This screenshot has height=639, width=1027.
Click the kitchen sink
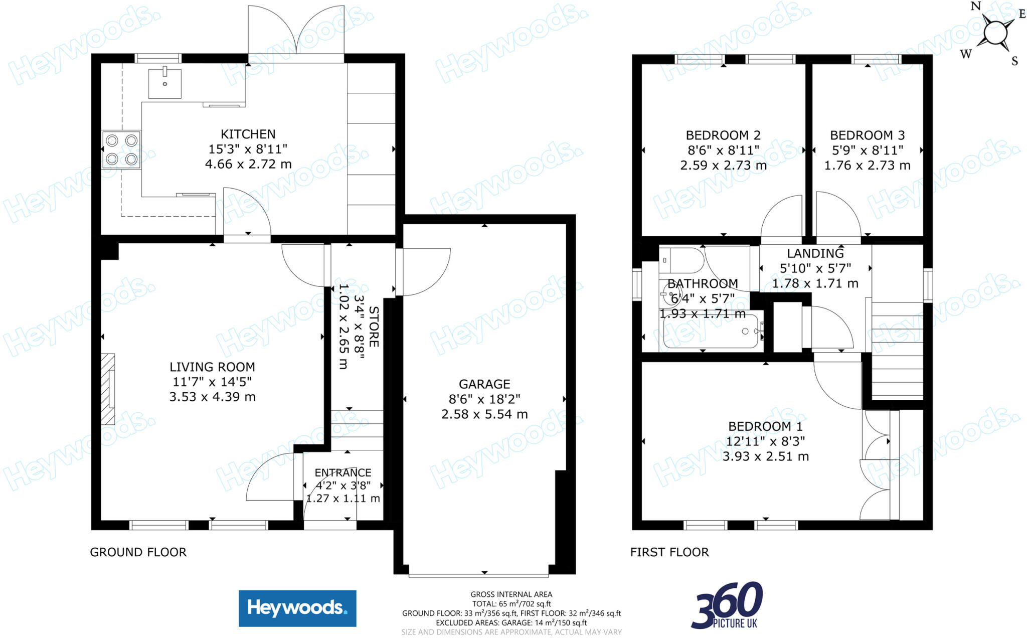(x=164, y=84)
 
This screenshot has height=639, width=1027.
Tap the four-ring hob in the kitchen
(x=121, y=149)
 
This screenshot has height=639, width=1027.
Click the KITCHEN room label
(x=248, y=134)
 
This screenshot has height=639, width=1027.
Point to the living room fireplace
(x=108, y=389)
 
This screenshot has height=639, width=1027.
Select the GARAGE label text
(x=484, y=384)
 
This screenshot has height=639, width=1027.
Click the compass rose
(x=995, y=33)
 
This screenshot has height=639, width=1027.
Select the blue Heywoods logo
(x=297, y=608)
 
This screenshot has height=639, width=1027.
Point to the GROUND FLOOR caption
(x=138, y=552)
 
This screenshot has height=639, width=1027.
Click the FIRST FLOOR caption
(x=669, y=552)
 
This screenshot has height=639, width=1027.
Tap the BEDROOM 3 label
(x=867, y=135)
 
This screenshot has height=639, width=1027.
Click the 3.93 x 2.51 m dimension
(x=765, y=456)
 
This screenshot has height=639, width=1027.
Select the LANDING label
(x=815, y=253)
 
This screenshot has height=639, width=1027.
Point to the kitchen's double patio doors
(x=296, y=33)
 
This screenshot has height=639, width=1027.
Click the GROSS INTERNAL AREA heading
(x=511, y=594)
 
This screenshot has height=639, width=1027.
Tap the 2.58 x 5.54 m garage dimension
(x=484, y=414)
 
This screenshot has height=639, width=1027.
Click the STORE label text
(x=374, y=327)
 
